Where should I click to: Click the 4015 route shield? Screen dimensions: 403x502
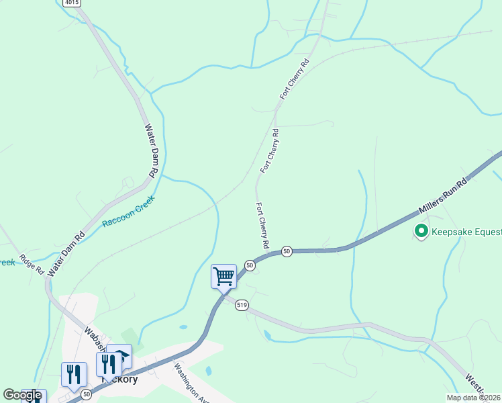click(x=72, y=3)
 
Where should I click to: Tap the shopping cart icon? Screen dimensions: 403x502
click(x=223, y=276)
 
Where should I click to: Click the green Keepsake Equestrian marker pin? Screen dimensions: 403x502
click(x=421, y=232)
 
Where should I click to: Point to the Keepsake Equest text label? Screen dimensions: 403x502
click(x=466, y=232)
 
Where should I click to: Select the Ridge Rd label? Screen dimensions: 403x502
click(x=32, y=264)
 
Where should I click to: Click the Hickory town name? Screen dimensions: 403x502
click(x=119, y=379)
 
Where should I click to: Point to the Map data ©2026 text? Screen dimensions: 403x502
click(x=474, y=398)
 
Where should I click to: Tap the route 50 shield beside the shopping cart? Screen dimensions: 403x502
click(x=250, y=266)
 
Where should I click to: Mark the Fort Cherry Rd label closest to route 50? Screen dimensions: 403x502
click(x=262, y=226)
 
